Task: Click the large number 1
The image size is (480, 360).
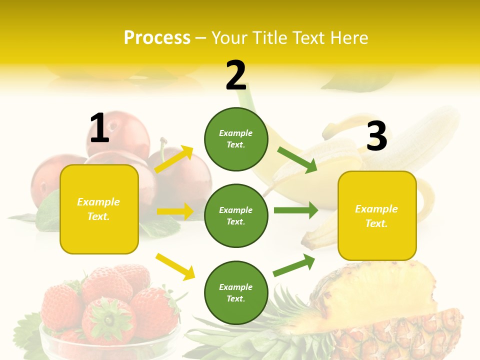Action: click(99, 128)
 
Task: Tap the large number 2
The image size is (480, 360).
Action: click(236, 75)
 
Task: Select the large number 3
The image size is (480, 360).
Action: click(376, 136)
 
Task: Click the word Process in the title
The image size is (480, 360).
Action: click(157, 37)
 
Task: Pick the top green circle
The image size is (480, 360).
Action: click(236, 139)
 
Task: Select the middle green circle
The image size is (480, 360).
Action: click(236, 215)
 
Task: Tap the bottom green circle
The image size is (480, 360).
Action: click(236, 292)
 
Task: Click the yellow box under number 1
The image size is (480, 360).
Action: click(99, 209)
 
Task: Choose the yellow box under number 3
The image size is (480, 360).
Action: click(377, 216)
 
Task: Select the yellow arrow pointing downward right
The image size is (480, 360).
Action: click(175, 266)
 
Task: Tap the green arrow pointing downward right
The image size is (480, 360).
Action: click(297, 159)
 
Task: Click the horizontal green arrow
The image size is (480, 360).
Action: click(295, 210)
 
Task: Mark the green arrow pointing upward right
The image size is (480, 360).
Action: click(294, 265)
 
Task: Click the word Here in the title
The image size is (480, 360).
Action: click(349, 37)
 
